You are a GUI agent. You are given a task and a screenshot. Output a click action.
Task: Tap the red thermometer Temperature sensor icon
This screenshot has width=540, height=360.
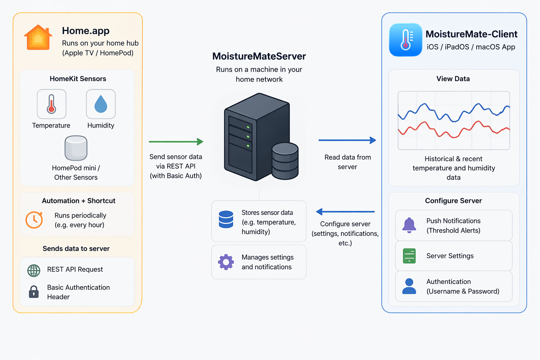point(51,104)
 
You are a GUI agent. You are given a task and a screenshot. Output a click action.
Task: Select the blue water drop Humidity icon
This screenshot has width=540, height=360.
point(101,104)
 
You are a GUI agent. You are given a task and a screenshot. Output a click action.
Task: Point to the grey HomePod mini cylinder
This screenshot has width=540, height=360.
point(76,148)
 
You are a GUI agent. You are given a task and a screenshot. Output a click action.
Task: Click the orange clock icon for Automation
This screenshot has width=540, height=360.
point(34,220)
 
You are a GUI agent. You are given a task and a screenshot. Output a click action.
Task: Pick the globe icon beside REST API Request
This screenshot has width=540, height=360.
point(34,270)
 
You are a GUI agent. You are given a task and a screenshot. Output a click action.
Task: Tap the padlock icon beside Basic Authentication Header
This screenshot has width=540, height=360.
point(34,292)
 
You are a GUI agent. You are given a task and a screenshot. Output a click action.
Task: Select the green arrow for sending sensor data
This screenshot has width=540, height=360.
point(176,142)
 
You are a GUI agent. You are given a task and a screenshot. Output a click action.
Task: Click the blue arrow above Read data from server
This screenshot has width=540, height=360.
point(347,140)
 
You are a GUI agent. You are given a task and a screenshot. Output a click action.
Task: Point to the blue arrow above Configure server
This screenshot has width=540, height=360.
point(345,212)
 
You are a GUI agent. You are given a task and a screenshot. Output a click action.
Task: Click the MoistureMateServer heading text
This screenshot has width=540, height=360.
point(259,56)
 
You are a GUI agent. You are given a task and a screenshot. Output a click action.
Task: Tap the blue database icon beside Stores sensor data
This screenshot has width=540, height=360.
point(226,219)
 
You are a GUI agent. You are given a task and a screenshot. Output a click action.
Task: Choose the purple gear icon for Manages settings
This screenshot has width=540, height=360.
point(226,262)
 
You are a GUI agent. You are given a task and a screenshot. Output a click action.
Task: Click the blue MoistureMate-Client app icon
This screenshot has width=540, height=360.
point(405,40)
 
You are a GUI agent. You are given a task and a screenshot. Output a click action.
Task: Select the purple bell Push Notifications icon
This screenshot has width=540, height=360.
point(409,225)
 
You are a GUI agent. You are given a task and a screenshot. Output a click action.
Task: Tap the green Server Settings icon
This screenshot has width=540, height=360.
point(409,256)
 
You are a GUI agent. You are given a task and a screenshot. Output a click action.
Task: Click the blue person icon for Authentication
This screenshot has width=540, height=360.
point(409,286)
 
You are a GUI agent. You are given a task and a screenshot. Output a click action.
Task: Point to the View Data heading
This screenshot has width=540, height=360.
point(453,79)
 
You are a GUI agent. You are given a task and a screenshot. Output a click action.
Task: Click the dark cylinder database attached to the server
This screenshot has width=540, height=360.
point(285,161)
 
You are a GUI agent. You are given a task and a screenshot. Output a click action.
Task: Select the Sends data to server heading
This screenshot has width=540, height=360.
point(76,249)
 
